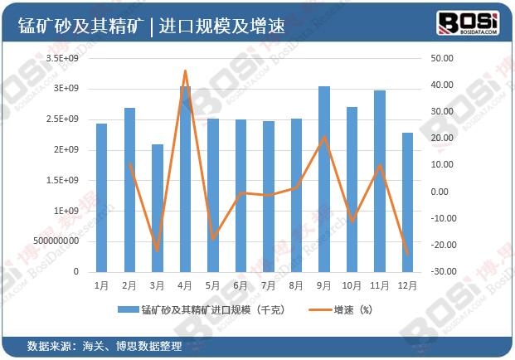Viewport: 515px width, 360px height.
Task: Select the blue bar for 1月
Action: pos(101,197)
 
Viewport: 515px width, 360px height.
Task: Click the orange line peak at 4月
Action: pos(185,71)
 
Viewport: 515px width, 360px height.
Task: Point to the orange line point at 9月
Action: pos(323,137)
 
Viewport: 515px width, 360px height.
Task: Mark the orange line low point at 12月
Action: pos(407,254)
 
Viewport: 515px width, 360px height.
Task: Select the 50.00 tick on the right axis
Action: pos(442,59)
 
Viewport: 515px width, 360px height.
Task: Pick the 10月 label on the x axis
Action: pos(352,285)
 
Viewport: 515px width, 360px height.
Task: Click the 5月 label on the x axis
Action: pos(212,285)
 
